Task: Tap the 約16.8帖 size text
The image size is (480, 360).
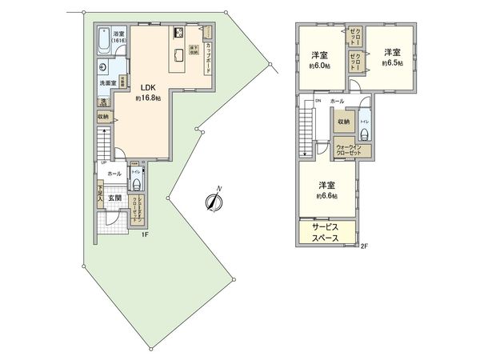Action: click(148, 98)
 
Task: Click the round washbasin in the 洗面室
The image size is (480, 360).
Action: click(104, 69)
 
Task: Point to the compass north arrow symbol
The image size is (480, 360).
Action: click(212, 201)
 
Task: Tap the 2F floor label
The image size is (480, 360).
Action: click(365, 246)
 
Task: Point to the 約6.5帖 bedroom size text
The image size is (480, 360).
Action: click(391, 62)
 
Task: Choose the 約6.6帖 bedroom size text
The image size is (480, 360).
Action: click(326, 196)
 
